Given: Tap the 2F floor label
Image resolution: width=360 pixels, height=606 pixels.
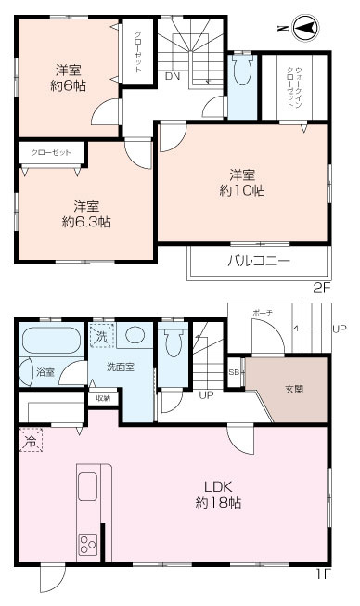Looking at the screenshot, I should click(x=321, y=287).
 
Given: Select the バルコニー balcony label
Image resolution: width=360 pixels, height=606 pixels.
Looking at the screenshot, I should click(x=259, y=260).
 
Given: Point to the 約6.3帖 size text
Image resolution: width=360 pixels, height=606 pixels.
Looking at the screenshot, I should click(x=86, y=222).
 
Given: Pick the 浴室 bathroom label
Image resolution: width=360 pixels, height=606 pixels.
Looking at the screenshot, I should click(x=45, y=372).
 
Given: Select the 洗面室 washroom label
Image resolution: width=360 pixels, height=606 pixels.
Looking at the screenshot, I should click(x=120, y=367).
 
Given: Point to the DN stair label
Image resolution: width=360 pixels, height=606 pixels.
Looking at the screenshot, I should click(x=172, y=77).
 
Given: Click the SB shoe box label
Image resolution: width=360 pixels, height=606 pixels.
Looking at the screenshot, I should click(x=234, y=372).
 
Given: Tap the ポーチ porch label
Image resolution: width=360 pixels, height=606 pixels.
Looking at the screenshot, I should click(x=262, y=315).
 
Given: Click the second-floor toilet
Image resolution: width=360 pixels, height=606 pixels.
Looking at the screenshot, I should click(x=242, y=72).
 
